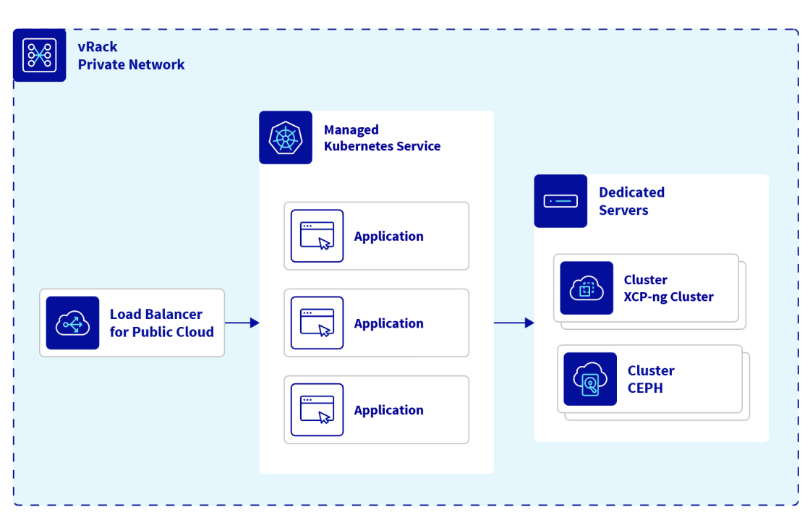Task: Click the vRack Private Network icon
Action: (40, 55)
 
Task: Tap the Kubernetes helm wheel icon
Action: (286, 137)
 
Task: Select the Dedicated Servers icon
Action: (560, 201)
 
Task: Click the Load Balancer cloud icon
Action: (72, 323)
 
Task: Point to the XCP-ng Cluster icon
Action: (587, 288)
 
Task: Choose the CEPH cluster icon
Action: (590, 379)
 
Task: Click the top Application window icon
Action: (317, 236)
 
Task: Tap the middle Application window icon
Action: (317, 323)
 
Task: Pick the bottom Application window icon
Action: (317, 409)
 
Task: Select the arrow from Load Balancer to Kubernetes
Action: (242, 323)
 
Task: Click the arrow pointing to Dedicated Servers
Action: (513, 323)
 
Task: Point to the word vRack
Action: (98, 47)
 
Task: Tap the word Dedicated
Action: (631, 192)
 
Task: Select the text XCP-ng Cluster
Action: (669, 297)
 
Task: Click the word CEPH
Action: (645, 388)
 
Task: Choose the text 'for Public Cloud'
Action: (162, 332)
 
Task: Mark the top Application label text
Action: (388, 237)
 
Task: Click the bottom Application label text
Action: (388, 410)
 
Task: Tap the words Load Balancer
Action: (156, 314)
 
